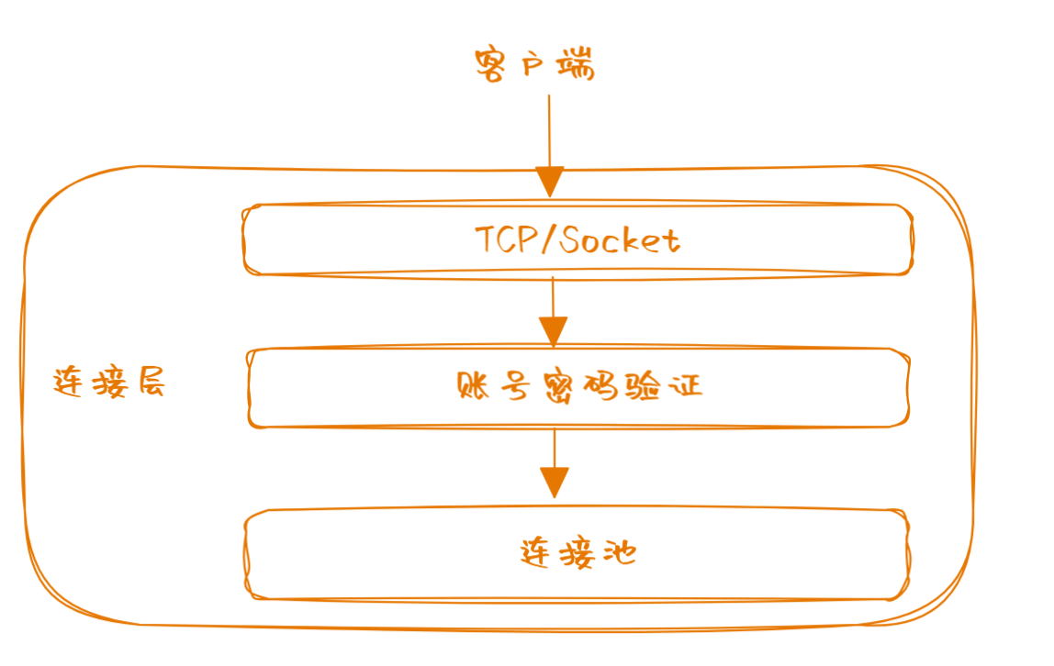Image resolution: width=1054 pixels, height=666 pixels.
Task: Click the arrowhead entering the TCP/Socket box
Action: click(550, 182)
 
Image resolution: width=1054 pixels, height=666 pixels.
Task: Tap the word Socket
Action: click(620, 240)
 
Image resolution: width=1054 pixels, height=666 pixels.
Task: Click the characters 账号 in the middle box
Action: click(493, 386)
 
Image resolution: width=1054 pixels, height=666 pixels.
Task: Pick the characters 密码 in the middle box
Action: click(578, 386)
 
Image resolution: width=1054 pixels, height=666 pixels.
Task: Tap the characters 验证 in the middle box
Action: click(664, 386)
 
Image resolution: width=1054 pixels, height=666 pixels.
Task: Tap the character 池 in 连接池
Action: click(620, 553)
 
